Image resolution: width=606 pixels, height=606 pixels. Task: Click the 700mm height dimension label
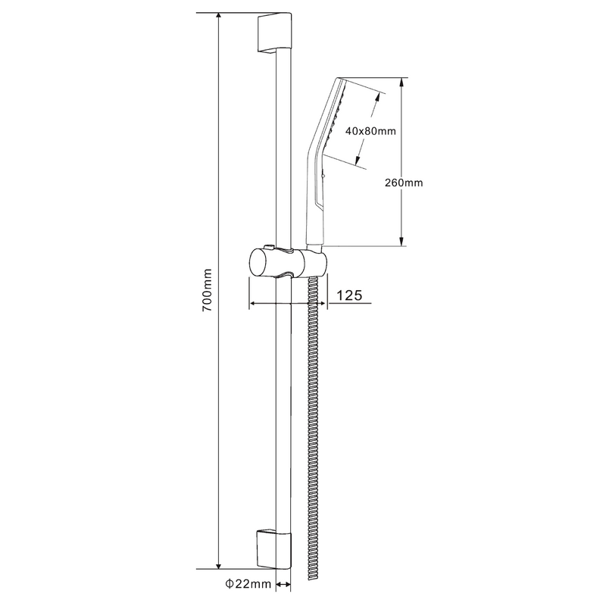tap(207, 290)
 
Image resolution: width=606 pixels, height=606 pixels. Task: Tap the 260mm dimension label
tap(404, 183)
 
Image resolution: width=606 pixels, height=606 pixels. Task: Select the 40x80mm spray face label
tap(370, 131)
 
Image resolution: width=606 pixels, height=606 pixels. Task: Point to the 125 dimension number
tap(349, 295)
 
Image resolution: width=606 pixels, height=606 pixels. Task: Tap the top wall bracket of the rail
tap(273, 33)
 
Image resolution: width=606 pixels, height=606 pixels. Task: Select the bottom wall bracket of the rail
tap(273, 550)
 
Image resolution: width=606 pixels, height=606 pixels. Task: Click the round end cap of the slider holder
tap(258, 262)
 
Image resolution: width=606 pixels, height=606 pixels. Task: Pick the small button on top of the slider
tap(269, 246)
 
